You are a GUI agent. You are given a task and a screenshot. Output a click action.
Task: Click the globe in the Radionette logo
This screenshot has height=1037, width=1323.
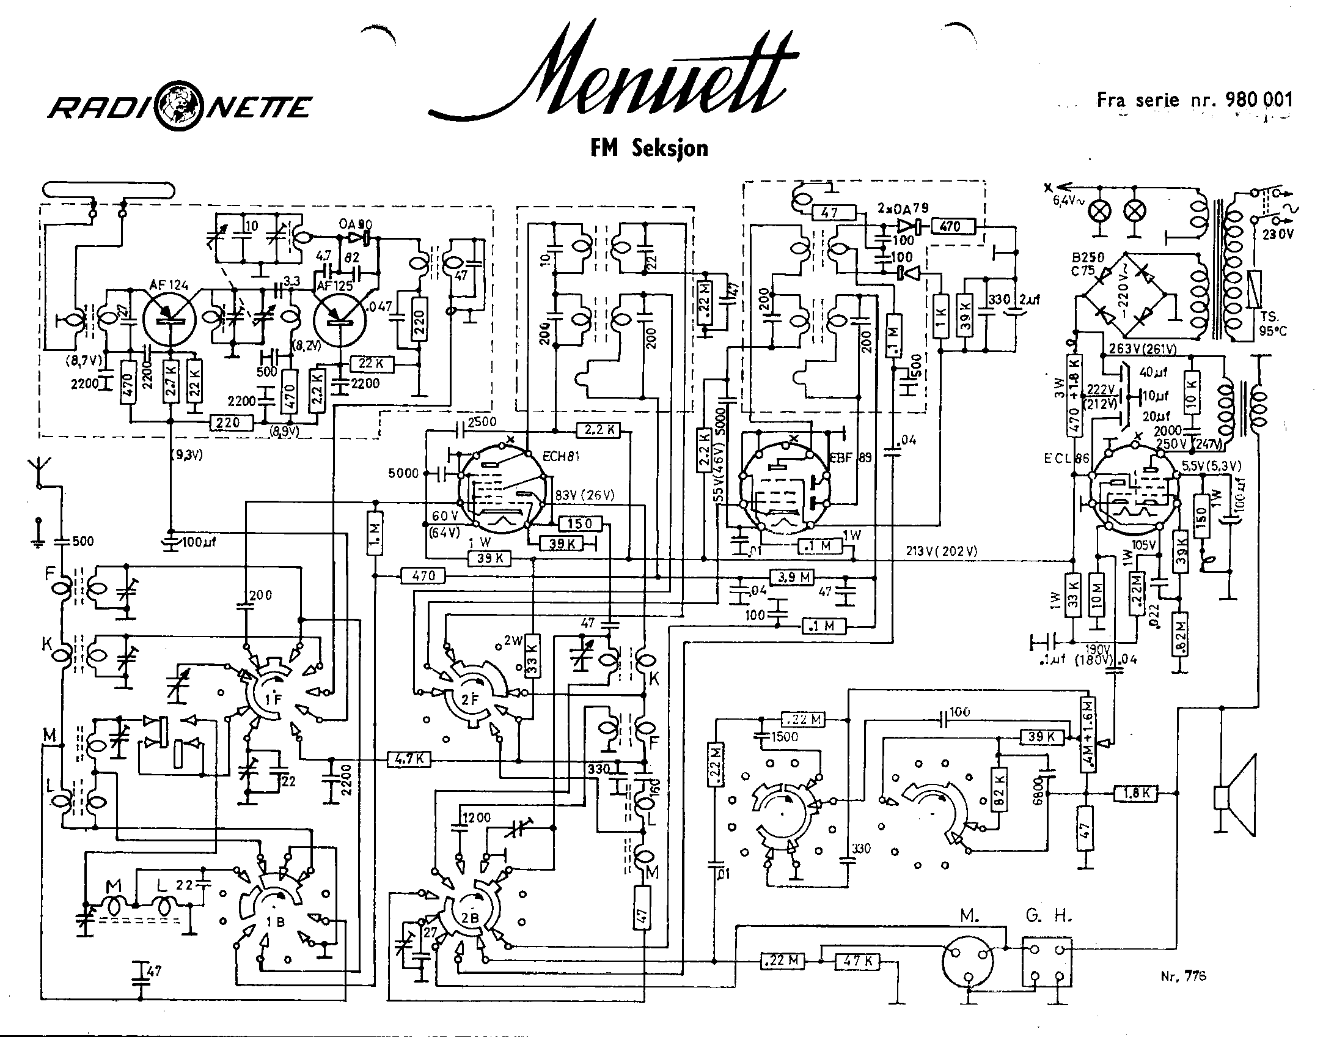pyautogui.click(x=180, y=109)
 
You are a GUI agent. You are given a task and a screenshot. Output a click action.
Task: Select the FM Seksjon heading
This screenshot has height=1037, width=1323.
pyautogui.click(x=649, y=149)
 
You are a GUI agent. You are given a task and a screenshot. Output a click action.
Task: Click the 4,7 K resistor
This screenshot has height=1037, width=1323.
pyautogui.click(x=409, y=759)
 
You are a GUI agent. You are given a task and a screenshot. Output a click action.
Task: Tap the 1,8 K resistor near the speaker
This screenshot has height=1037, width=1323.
pyautogui.click(x=1135, y=793)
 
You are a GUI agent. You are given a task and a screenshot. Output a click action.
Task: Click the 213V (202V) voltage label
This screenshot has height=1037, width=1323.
pyautogui.click(x=941, y=551)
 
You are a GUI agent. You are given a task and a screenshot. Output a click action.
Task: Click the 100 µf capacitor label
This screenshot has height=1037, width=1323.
pyautogui.click(x=197, y=542)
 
